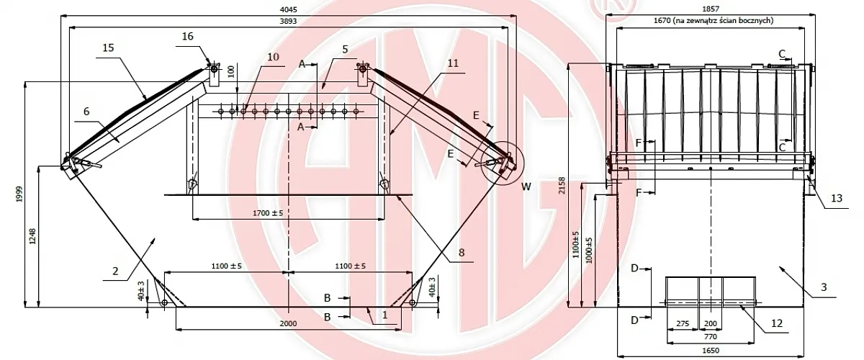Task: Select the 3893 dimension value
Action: (288, 22)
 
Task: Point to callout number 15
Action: (109, 48)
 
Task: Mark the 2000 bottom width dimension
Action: (288, 323)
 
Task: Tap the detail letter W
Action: (527, 186)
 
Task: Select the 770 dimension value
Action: (711, 336)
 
